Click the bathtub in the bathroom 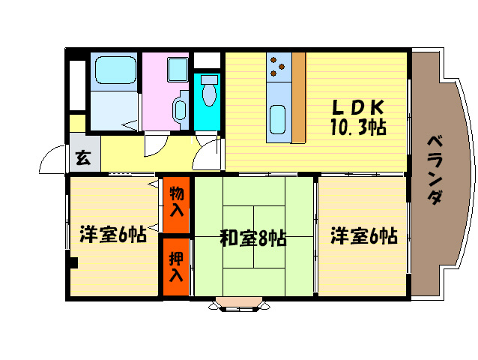point(113,71)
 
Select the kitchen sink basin point(277,120)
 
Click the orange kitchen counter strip point(299,97)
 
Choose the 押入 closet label point(176,267)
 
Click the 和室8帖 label point(252,238)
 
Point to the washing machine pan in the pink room point(178,71)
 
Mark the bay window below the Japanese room point(238,304)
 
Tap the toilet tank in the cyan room point(209,79)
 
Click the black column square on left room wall point(73,262)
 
